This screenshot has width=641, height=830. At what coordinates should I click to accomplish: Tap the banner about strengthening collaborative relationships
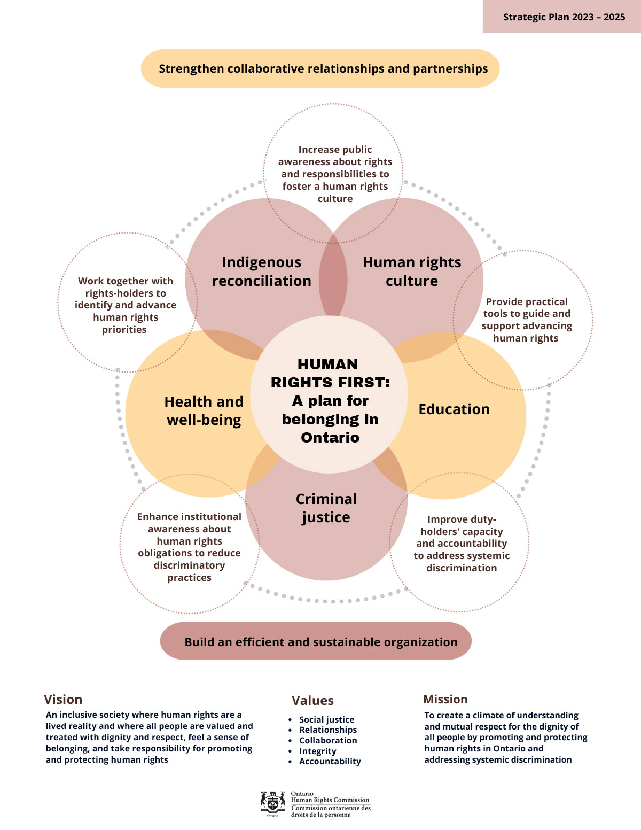coord(320,69)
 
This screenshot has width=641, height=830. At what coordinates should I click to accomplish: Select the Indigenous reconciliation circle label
coord(262,272)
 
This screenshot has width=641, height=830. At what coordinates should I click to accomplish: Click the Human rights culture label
coord(412,272)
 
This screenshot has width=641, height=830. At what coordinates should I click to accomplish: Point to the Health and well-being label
coord(204,410)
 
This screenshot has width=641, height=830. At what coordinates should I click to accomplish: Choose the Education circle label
coord(454,409)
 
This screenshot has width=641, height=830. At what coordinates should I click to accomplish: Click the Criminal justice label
coord(326,508)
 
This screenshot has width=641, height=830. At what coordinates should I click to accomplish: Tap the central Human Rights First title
coord(330,401)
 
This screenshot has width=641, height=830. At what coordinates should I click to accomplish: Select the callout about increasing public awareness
coord(335,174)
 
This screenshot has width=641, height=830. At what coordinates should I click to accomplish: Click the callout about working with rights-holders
coord(125,305)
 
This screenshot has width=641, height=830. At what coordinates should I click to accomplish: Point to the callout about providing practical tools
coord(527,320)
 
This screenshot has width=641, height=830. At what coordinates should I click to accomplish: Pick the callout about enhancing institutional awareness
coord(189,547)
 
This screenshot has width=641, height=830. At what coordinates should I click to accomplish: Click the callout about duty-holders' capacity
coord(462,544)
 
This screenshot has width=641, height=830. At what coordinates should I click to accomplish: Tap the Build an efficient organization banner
coord(316,642)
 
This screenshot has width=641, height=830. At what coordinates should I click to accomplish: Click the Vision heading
coord(63,700)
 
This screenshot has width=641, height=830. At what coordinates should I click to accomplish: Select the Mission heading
coord(445,700)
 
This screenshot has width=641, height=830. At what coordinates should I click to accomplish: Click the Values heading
coord(312,701)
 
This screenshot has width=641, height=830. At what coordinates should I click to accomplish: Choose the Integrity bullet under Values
coord(317,751)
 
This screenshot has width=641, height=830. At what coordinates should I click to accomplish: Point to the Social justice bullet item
coord(326,719)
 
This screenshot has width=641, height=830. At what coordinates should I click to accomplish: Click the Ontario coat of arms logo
coord(272,803)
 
